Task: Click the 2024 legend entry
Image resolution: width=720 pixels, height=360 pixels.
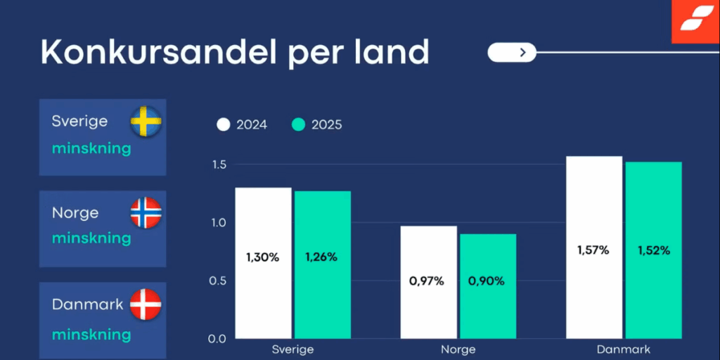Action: tap(242, 125)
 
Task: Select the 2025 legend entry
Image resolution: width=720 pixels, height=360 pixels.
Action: tap(317, 125)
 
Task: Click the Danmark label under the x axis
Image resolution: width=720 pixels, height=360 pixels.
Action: tap(623, 349)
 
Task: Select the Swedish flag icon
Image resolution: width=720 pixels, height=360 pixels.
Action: tap(146, 122)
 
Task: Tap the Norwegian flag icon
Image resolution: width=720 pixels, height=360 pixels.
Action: tap(146, 213)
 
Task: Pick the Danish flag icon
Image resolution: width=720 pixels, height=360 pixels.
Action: tap(146, 304)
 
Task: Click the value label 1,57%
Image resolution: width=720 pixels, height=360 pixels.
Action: tap(594, 250)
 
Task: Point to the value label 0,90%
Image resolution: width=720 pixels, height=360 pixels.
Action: tap(487, 281)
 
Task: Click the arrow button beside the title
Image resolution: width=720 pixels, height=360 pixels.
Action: tap(512, 51)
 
